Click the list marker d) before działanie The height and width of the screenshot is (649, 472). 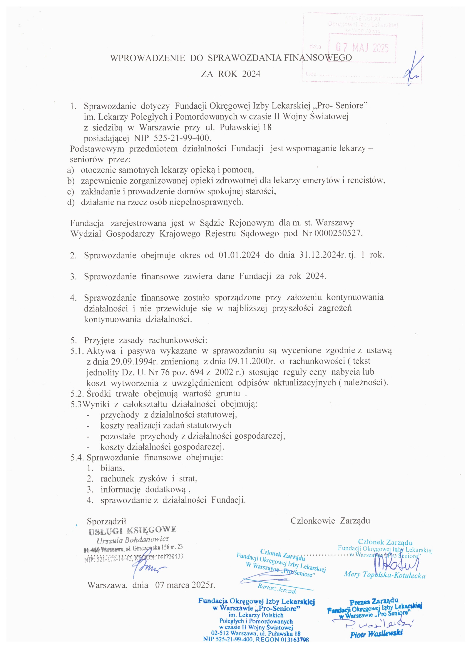point(70,202)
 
